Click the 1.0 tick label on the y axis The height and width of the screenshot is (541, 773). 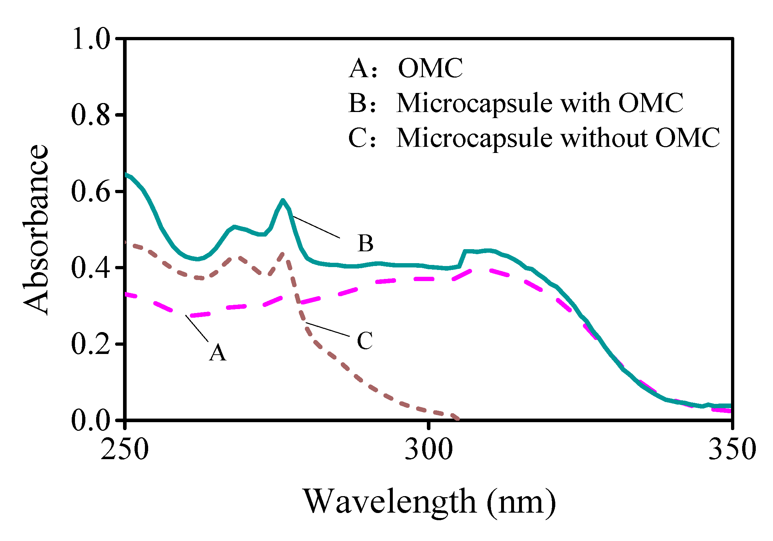coord(91,39)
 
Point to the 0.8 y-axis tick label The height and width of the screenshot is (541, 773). coord(91,115)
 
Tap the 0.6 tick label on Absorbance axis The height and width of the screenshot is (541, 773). coord(91,192)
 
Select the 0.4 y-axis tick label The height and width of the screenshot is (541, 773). coord(91,268)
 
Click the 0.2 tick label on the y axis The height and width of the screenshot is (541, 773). coord(91,344)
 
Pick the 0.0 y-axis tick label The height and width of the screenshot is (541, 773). coord(91,420)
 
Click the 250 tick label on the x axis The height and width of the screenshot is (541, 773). coord(124,449)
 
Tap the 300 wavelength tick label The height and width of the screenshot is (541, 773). coord(429,449)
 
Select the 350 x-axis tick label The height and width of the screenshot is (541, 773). coord(732,449)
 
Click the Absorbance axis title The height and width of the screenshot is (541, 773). coord(36,230)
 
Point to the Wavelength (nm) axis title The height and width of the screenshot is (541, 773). coord(430,502)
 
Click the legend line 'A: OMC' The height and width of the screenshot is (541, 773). coord(406,68)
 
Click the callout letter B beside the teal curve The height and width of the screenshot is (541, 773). coord(365,243)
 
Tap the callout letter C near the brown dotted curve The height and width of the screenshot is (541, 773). coord(365,340)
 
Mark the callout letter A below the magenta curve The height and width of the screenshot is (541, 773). coord(218,353)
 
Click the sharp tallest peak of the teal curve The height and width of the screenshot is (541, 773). coord(283,200)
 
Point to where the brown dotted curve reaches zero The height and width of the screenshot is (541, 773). coord(458,419)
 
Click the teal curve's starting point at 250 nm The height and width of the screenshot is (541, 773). coord(126,174)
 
